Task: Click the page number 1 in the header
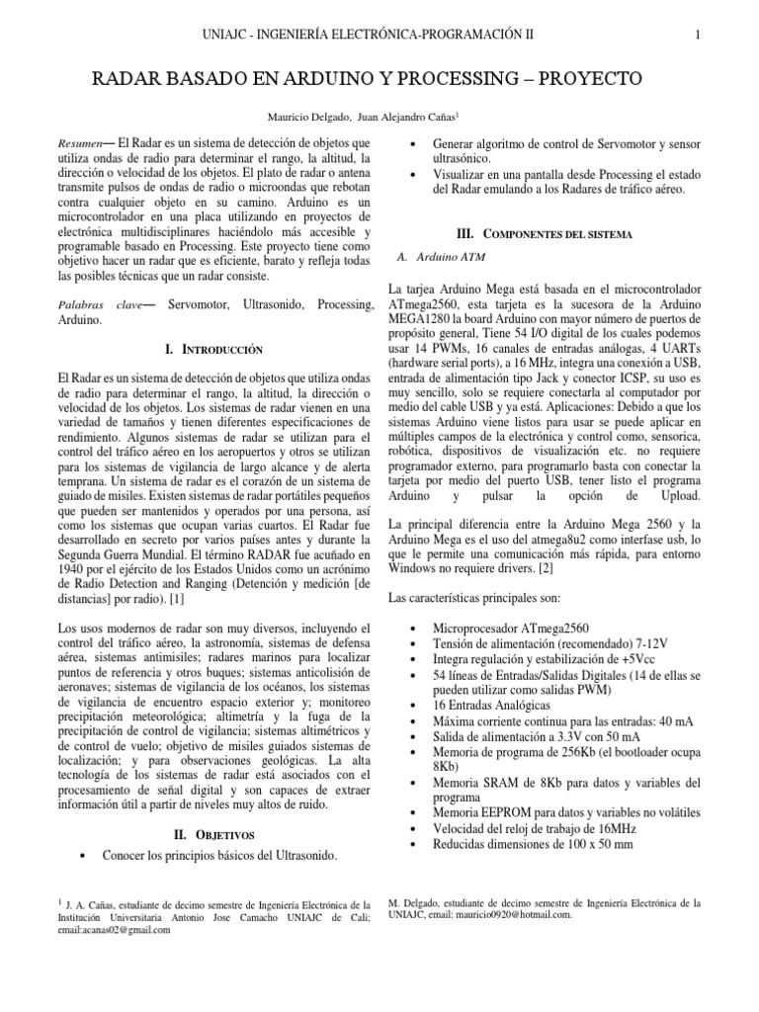[x=698, y=34]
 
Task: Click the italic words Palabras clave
[x=100, y=306]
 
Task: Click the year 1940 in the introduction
[x=74, y=570]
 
